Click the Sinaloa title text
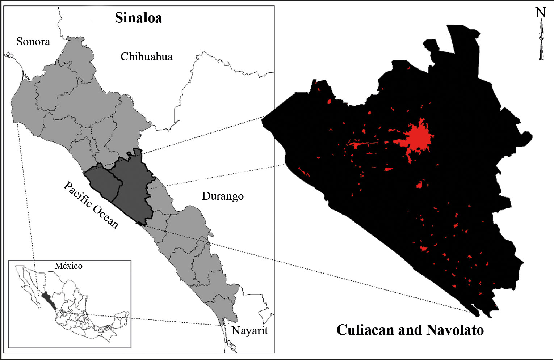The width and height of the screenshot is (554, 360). tap(138, 18)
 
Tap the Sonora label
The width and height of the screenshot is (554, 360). tap(33, 42)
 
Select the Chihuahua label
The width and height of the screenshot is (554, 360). tap(146, 57)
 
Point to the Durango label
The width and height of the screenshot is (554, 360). tap(222, 196)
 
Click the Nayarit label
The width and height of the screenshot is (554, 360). tap(249, 330)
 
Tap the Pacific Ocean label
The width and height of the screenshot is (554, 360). tap(91, 205)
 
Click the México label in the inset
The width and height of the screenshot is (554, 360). tap(68, 266)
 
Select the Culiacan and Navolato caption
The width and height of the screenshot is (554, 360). tap(410, 330)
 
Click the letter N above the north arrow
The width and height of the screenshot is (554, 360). tap(540, 13)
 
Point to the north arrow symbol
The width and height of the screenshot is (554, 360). tap(541, 42)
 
